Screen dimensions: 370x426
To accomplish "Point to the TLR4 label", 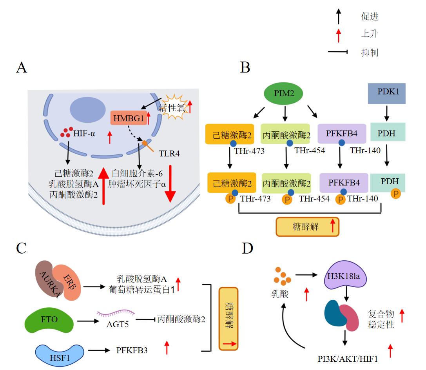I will (169, 153).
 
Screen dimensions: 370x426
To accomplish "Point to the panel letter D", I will (248, 249).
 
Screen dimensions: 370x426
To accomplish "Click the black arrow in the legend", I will (339, 17).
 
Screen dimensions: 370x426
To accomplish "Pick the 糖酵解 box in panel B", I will (307, 227).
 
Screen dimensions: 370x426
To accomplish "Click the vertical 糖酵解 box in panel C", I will (229, 317).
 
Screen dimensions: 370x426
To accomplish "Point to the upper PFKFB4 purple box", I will (342, 133).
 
